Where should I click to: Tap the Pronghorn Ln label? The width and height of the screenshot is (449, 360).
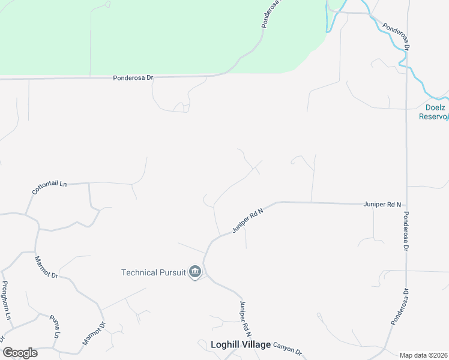coord(7,299)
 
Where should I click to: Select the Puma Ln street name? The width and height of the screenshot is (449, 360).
coord(55,325)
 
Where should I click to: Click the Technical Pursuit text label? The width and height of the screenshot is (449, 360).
coord(154,272)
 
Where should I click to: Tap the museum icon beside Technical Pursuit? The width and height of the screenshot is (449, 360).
coord(194,272)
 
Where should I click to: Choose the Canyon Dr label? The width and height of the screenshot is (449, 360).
coord(287,348)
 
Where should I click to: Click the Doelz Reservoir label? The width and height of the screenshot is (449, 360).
coord(433,112)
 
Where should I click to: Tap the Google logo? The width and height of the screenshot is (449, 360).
coord(20,353)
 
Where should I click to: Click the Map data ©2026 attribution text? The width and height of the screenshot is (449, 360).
coord(423,355)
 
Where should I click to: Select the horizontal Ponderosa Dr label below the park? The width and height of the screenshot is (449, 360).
coord(133,78)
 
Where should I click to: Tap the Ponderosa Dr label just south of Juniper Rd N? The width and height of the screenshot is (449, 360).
coord(406,231)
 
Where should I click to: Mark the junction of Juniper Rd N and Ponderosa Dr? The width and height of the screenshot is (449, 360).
coord(406,205)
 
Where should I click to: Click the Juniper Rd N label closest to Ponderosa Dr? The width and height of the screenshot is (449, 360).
coord(382,205)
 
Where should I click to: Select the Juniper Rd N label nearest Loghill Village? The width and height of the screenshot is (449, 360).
coord(245,318)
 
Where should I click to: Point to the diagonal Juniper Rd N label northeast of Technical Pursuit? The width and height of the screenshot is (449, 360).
coord(248,220)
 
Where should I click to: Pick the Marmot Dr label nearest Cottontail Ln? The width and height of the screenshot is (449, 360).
coord(46,267)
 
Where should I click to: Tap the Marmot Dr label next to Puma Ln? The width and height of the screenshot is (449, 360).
coord(94,336)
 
